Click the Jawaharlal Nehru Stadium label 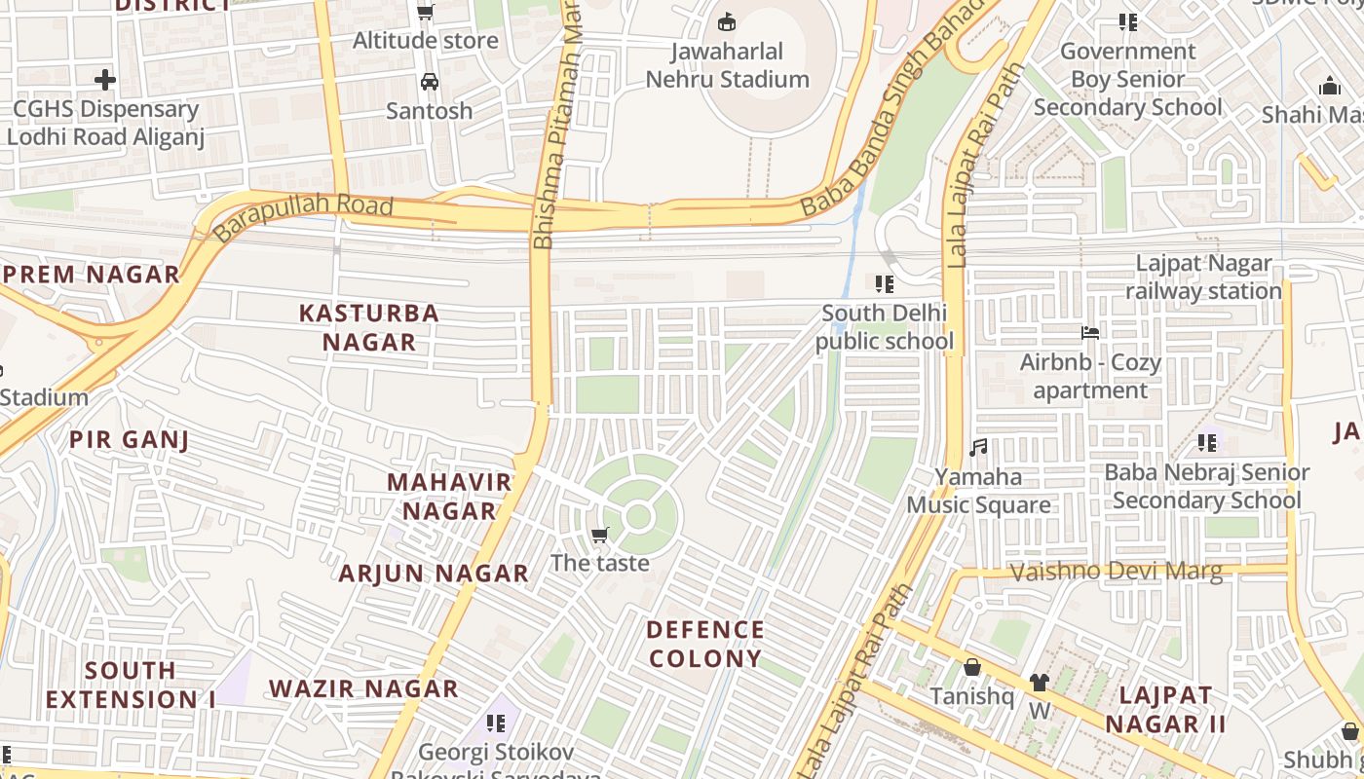[728, 65]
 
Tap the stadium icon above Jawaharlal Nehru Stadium [727, 21]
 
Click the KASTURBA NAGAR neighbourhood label [369, 327]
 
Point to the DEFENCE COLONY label [705, 644]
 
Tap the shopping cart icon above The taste [600, 535]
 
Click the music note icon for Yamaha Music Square [978, 448]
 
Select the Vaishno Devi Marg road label [1116, 572]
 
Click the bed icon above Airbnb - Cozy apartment [1090, 333]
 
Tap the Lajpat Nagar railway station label [1203, 278]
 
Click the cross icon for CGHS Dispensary [105, 80]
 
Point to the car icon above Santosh [429, 82]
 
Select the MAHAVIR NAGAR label [449, 496]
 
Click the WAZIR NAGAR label [363, 688]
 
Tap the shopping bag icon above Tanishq [971, 668]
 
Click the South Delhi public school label [884, 327]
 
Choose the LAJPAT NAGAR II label [1165, 710]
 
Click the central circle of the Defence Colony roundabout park [638, 517]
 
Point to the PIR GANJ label [129, 439]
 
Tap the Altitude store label [425, 40]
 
